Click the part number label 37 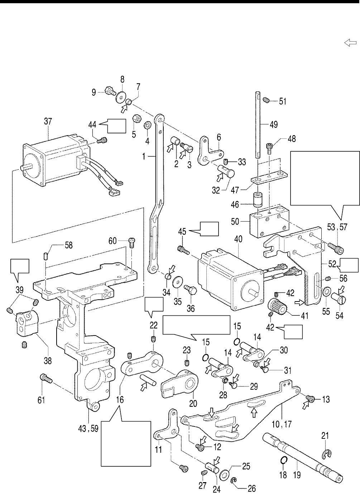point(48,122)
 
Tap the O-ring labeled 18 point(283,460)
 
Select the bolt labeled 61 point(45,378)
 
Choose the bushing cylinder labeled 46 point(257,199)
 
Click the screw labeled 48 point(269,147)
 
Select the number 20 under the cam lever point(193,404)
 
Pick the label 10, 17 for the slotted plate point(283,424)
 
